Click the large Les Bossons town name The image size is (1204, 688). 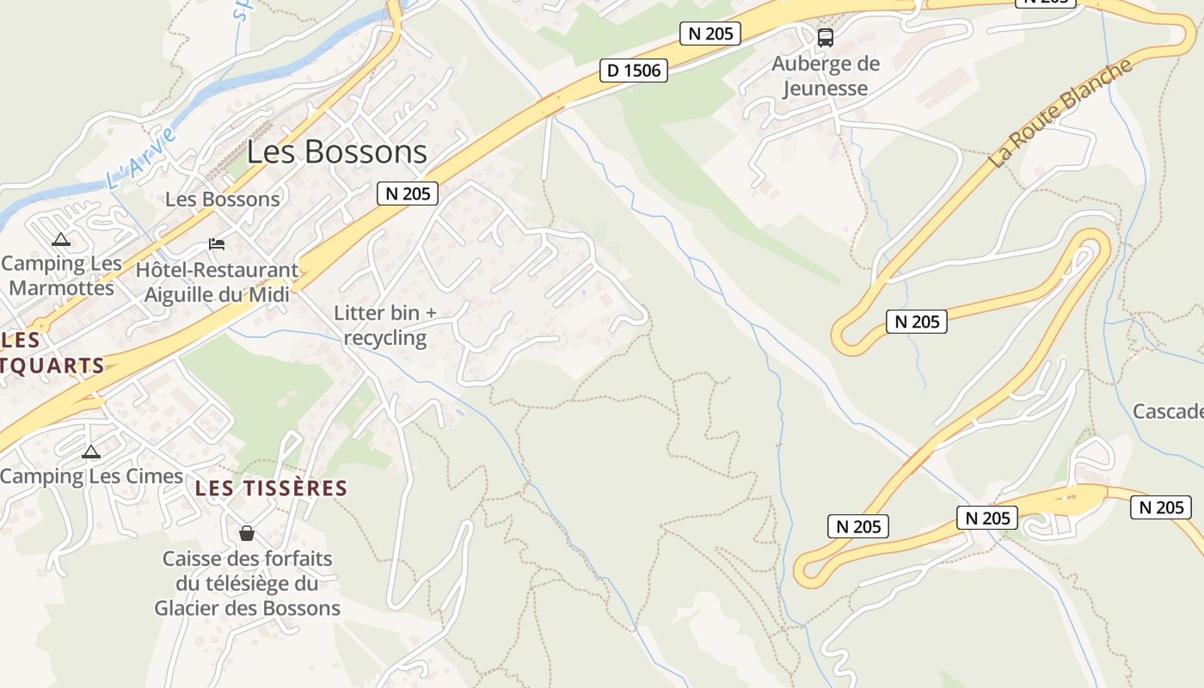tap(336, 152)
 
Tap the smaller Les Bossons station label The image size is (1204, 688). tap(222, 200)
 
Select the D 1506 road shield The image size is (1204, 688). tap(634, 71)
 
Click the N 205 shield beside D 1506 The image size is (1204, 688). tap(709, 34)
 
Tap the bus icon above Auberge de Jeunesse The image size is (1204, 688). tap(826, 38)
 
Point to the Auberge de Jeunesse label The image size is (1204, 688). tap(826, 76)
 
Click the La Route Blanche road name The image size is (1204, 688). tap(1060, 114)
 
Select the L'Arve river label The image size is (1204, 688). tap(142, 158)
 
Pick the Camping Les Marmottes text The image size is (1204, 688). tap(62, 275)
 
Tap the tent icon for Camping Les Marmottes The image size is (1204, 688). tap(60, 240)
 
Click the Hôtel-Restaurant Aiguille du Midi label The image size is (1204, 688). tap(217, 282)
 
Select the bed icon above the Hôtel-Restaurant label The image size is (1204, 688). tap(217, 245)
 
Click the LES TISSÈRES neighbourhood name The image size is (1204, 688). tap(271, 488)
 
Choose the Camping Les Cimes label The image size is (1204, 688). tap(91, 476)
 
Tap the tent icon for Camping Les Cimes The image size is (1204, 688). tap(90, 451)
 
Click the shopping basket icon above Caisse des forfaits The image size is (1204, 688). tap(247, 533)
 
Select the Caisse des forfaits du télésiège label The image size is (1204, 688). tap(248, 583)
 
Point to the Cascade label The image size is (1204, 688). tap(1167, 411)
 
